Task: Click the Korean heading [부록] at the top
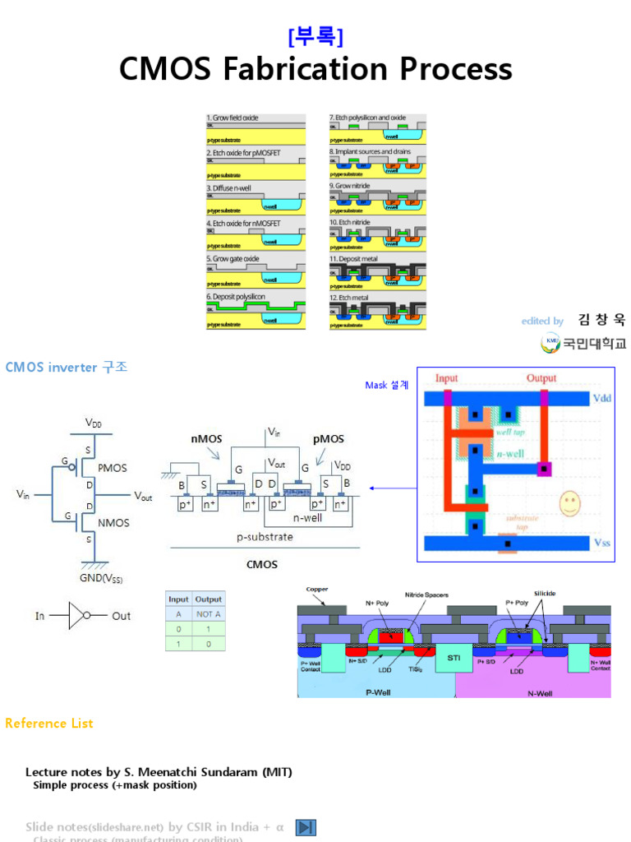click(315, 37)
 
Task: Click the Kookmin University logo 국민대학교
click(584, 343)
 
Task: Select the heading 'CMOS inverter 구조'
click(67, 367)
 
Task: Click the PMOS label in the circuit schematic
click(113, 468)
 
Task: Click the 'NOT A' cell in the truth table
click(209, 614)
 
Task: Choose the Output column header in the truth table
click(209, 599)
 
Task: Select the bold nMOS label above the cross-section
click(206, 439)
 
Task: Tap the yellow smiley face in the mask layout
click(568, 503)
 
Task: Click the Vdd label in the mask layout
click(602, 397)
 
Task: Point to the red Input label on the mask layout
click(447, 378)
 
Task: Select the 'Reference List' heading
click(49, 724)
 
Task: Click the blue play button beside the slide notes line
click(306, 827)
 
